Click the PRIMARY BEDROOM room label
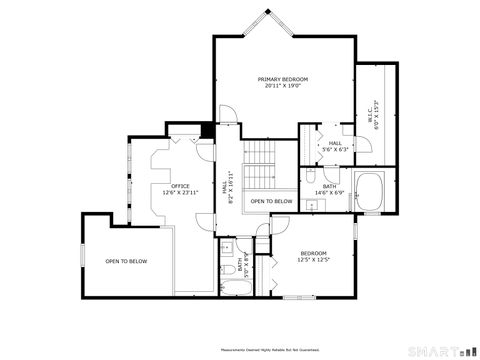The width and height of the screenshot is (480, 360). coord(283,79)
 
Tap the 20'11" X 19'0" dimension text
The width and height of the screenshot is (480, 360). coord(283,86)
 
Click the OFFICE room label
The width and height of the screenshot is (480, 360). coord(180,185)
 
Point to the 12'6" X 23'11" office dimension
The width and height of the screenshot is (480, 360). coord(180,192)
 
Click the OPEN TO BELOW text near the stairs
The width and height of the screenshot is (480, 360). coord(271,201)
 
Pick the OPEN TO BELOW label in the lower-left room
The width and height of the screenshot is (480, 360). coord(126,261)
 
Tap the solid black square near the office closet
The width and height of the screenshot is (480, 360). coord(207,129)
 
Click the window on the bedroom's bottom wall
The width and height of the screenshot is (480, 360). coord(297,297)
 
